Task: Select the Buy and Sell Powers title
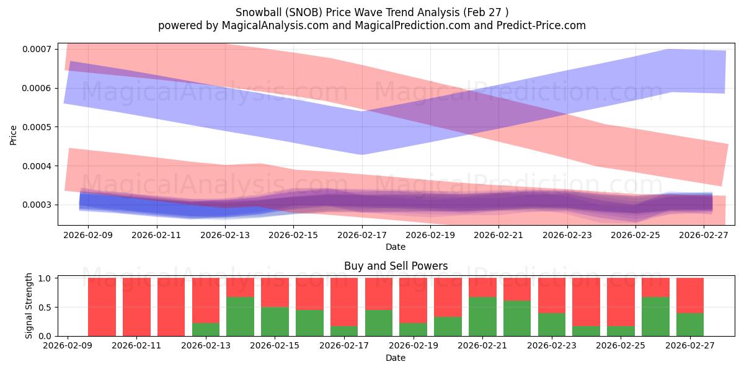(396, 266)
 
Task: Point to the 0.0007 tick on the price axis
(38, 49)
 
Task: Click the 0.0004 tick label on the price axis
(38, 166)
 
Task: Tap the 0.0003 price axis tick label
(38, 205)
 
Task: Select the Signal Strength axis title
(29, 306)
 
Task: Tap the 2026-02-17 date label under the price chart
(362, 236)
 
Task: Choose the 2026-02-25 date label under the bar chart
(620, 346)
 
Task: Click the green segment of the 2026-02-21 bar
(482, 316)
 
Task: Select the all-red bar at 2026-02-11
(136, 307)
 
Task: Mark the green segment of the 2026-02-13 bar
(206, 329)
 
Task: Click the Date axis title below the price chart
(396, 247)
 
